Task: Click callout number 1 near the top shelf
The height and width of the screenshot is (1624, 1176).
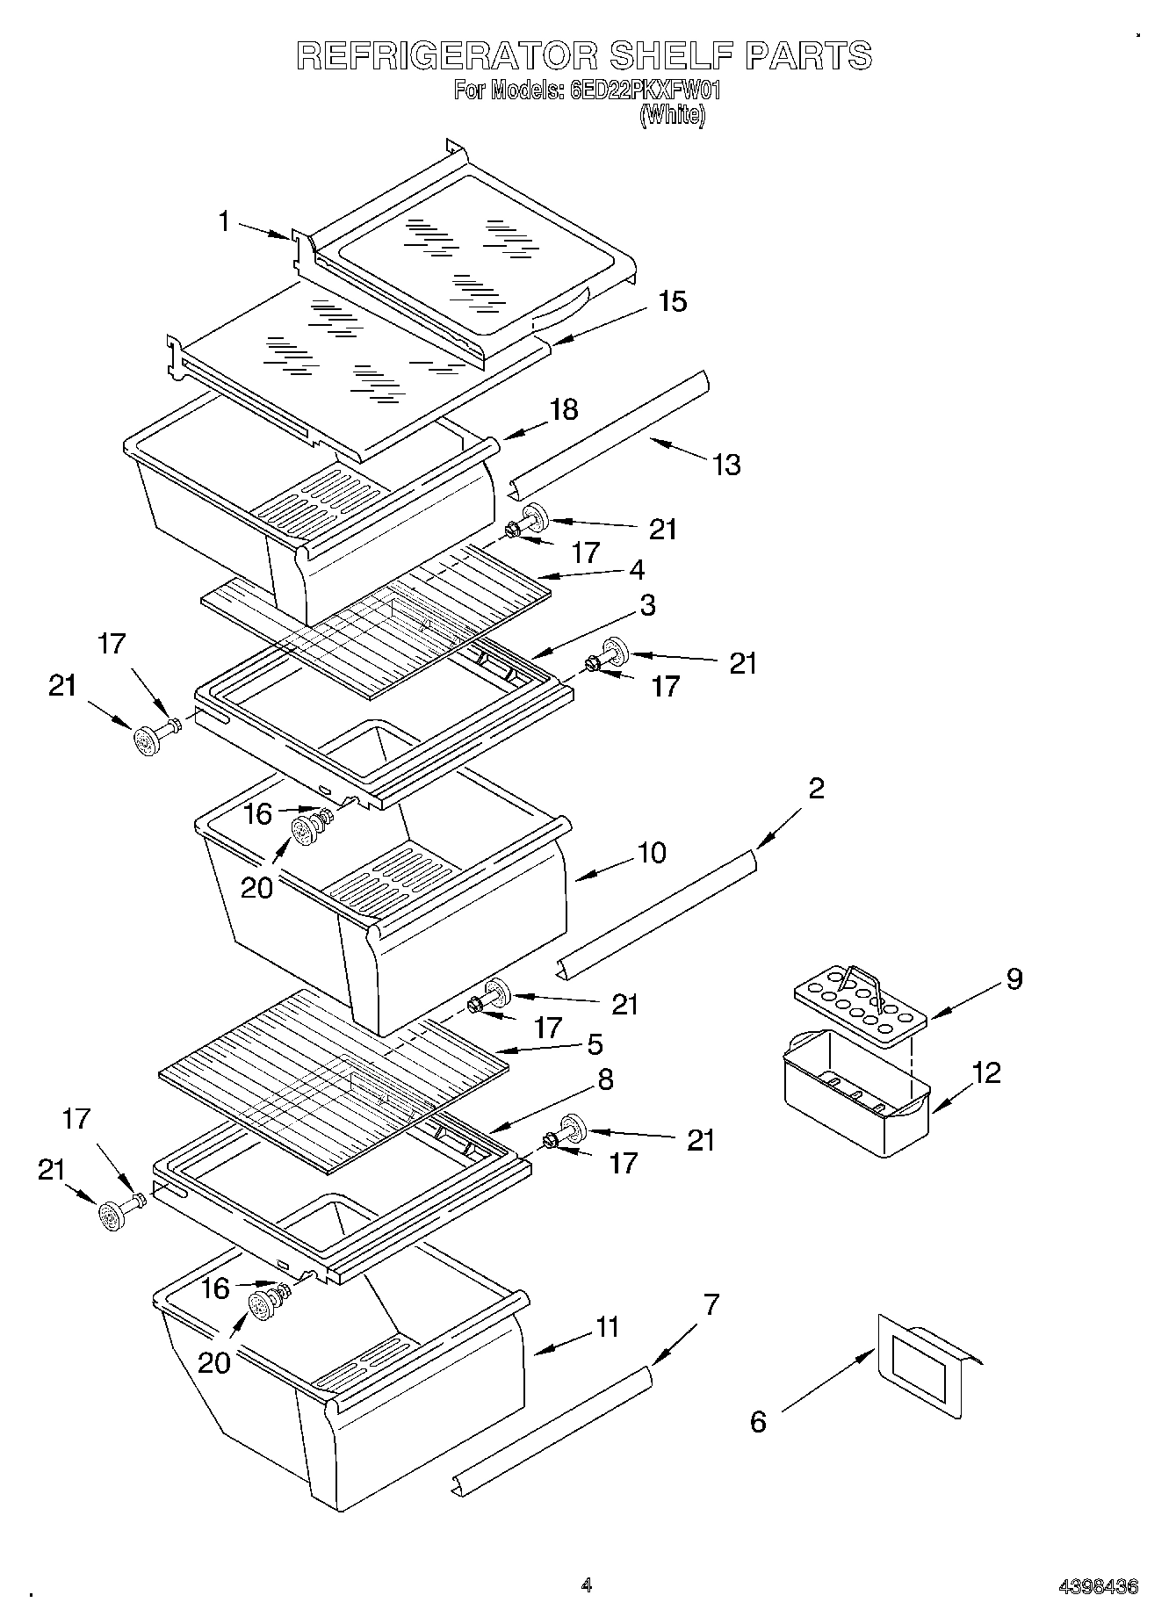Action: coord(224,220)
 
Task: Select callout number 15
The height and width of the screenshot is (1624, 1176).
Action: coord(672,301)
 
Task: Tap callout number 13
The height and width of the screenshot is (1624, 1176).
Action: coord(726,464)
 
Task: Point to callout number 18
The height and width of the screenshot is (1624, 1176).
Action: coord(564,409)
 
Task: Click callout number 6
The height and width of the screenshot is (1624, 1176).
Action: coord(759,1421)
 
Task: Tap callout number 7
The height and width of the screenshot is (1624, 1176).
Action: coord(711,1305)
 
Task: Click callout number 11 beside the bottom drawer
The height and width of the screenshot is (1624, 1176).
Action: coord(607,1327)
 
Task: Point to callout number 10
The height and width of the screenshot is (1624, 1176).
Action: coord(651,852)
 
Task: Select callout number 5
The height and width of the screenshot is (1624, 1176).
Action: coord(594,1044)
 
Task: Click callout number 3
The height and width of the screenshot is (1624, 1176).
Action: coord(646,604)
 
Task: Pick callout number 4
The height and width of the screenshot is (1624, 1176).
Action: coord(637,569)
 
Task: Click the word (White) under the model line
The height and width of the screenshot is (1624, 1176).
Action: coord(672,114)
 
